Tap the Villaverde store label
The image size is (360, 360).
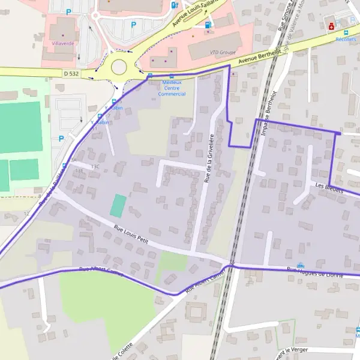click(x=62, y=44)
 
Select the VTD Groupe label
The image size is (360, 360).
click(x=223, y=52)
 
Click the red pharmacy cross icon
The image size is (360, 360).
click(x=331, y=26)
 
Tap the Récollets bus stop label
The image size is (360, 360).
click(x=346, y=39)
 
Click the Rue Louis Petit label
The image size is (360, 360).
click(x=130, y=234)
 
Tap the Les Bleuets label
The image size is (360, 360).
click(x=328, y=187)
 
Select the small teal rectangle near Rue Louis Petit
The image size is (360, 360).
click(x=118, y=206)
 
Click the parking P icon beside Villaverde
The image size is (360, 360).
click(x=68, y=11)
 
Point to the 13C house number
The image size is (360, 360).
click(x=95, y=166)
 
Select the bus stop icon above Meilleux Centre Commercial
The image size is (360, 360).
click(x=172, y=77)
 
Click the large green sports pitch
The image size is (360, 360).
click(x=21, y=127)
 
